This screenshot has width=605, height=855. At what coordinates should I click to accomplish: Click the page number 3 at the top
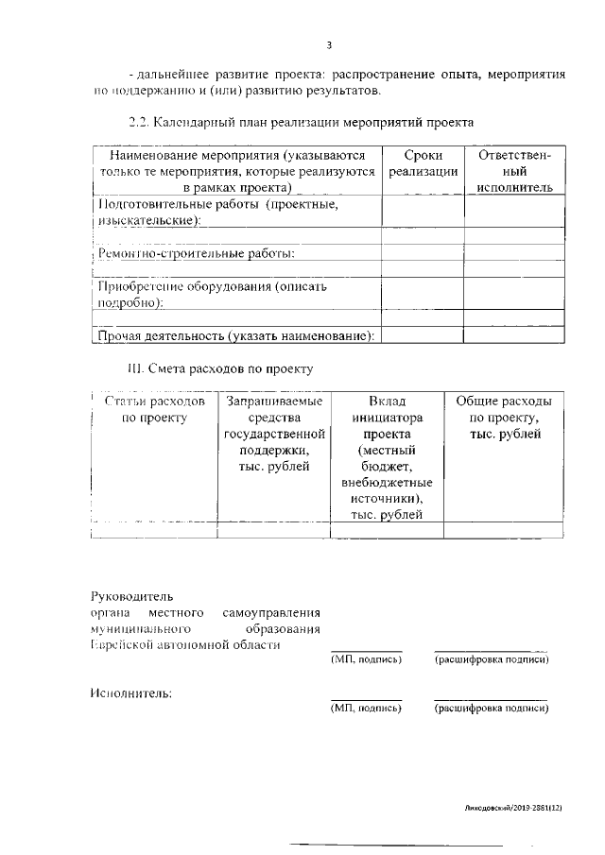pyautogui.click(x=329, y=44)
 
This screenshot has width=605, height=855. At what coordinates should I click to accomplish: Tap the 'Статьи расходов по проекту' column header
pyautogui.click(x=154, y=409)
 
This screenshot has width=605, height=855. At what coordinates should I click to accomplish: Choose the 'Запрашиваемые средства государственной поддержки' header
pyautogui.click(x=273, y=433)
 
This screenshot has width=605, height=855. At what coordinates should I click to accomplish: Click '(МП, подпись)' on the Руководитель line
pyautogui.click(x=366, y=659)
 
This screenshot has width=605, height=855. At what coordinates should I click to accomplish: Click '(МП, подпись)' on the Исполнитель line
pyautogui.click(x=366, y=708)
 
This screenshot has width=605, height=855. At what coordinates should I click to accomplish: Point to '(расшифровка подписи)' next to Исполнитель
pyautogui.click(x=491, y=708)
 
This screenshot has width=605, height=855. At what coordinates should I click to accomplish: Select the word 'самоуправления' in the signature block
pyautogui.click(x=274, y=613)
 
